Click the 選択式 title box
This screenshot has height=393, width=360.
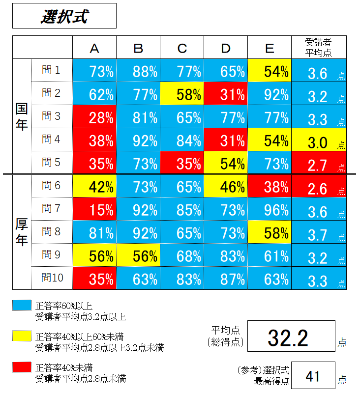click(x=64, y=16)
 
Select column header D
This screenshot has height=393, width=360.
click(x=226, y=48)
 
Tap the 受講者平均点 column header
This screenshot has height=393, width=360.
click(x=319, y=48)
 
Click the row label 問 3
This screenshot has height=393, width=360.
click(x=51, y=116)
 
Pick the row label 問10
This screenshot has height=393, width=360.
click(x=51, y=278)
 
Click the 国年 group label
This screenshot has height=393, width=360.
click(x=22, y=116)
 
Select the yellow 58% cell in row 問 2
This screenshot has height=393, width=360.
click(x=182, y=94)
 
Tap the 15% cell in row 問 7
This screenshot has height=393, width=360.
click(x=94, y=210)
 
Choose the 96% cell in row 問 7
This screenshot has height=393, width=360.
click(x=270, y=210)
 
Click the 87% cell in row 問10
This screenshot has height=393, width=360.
click(x=226, y=279)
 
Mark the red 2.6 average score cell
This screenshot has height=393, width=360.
click(x=319, y=187)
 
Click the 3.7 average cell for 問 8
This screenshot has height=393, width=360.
click(x=319, y=233)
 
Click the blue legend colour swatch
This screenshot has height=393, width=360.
click(x=21, y=306)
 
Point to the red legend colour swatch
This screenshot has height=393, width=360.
click(x=21, y=367)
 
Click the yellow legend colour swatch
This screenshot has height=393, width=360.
click(x=21, y=337)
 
